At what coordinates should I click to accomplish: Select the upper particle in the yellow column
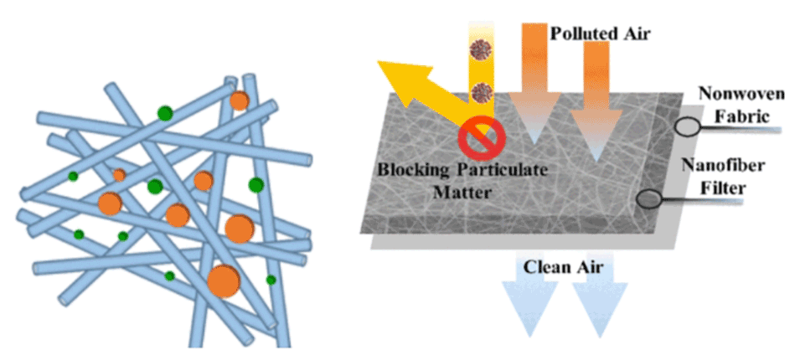pyautogui.click(x=481, y=49)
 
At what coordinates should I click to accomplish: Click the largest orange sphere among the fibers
pyautogui.click(x=224, y=281)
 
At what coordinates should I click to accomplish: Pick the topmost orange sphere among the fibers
pyautogui.click(x=240, y=101)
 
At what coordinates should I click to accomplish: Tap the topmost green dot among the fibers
pyautogui.click(x=165, y=113)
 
